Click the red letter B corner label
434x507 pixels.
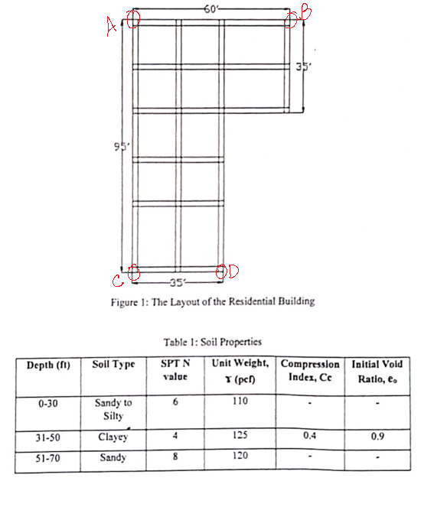click(x=305, y=11)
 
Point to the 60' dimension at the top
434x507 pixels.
click(x=212, y=8)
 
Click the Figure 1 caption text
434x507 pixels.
click(x=212, y=301)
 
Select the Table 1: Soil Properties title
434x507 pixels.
click(x=212, y=343)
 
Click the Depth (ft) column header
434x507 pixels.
click(x=48, y=366)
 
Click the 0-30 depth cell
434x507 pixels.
click(x=48, y=402)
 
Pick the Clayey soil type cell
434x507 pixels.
click(x=113, y=438)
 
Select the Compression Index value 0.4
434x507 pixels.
click(x=308, y=437)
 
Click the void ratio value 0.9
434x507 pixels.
click(x=377, y=437)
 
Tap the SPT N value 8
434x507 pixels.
click(x=175, y=457)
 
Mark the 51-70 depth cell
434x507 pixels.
click(x=48, y=459)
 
